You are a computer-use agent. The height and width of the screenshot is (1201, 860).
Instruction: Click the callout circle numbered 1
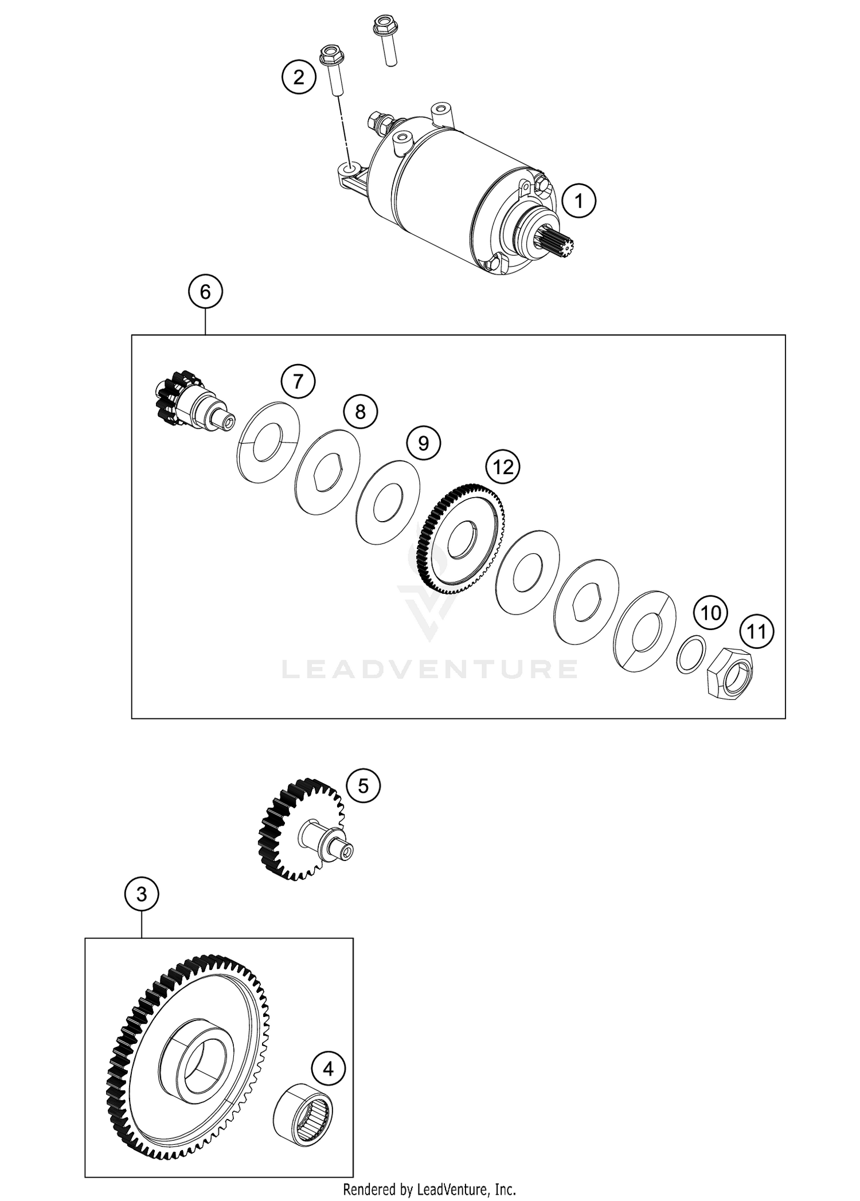tap(578, 201)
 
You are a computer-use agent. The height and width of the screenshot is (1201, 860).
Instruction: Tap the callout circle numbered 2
tap(299, 76)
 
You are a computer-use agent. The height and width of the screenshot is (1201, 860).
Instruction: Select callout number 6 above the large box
tap(205, 292)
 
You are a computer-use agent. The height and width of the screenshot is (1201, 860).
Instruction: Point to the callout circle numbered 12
tap(503, 467)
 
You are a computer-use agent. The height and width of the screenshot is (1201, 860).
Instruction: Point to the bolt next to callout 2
tap(332, 69)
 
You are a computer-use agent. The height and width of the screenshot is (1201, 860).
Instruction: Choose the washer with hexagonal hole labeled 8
tap(329, 472)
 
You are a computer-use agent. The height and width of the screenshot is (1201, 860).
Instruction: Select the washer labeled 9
tap(388, 501)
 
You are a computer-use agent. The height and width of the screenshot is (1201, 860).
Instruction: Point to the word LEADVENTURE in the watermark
tap(429, 669)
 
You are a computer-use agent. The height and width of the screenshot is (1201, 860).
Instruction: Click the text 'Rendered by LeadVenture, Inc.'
tap(429, 1189)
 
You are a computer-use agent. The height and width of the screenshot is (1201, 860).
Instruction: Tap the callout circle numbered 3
tap(142, 894)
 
